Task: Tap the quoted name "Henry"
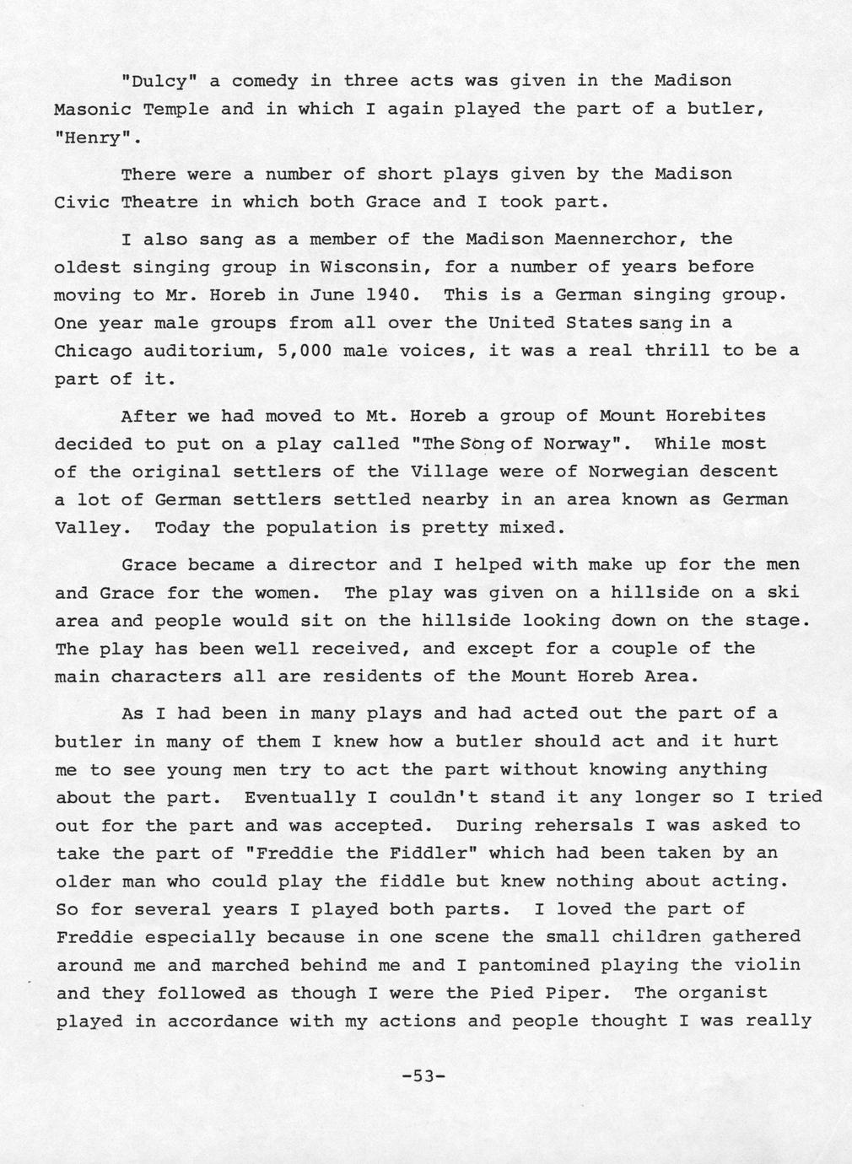93,137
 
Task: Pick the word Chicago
93,351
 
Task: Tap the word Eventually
299,797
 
